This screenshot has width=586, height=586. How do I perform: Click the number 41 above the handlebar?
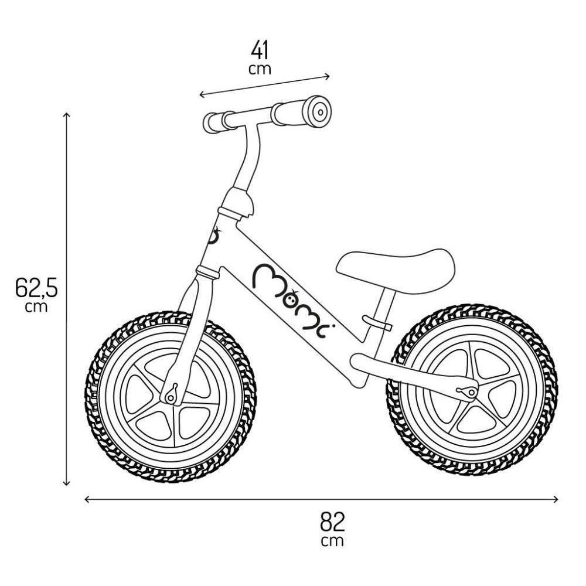260,51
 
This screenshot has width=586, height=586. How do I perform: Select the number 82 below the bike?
332,522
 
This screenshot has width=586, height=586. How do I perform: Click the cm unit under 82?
332,541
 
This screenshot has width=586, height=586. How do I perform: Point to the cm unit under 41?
260,69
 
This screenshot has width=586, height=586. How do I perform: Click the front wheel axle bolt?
172,396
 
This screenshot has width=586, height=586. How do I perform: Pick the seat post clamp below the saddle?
377,322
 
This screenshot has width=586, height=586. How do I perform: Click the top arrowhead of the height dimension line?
67,114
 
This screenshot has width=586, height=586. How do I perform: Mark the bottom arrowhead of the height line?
67,483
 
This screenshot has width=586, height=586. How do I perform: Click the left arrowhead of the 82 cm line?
87,499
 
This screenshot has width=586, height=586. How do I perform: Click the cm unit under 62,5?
36,306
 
